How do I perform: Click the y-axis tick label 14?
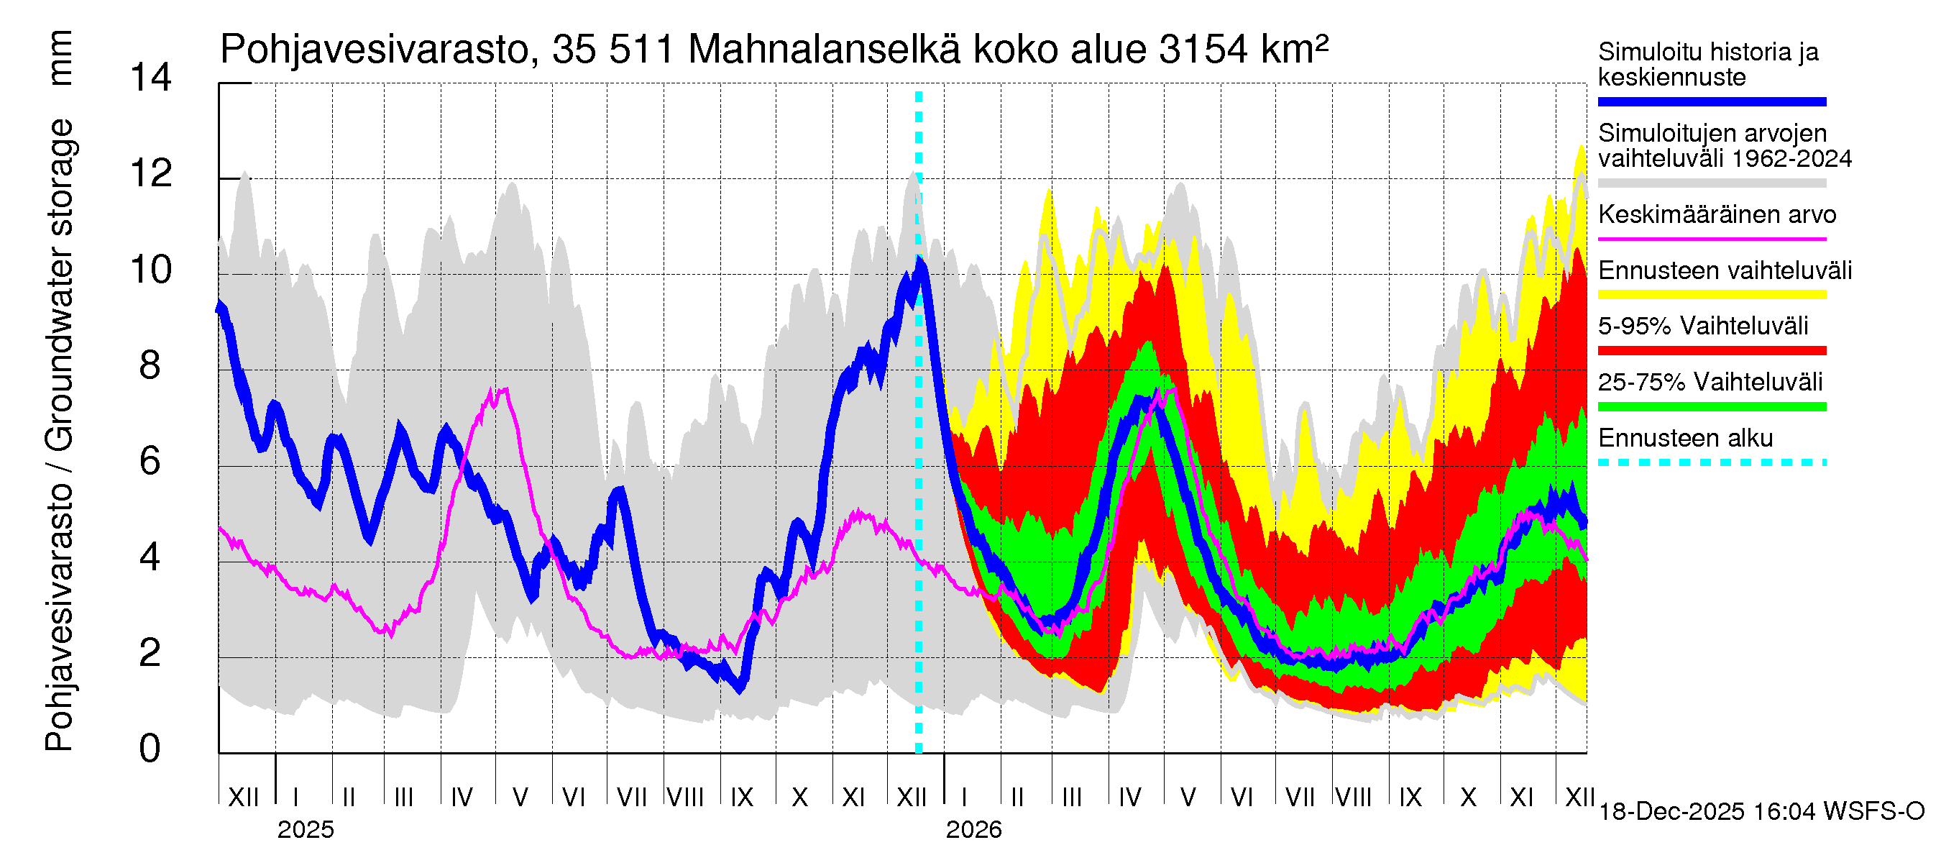pos(151,78)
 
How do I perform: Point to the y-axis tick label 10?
pos(151,270)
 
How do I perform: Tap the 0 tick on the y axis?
pos(150,749)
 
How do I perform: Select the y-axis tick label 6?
pos(150,460)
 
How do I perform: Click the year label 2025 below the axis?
pos(305,830)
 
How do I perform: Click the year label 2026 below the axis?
pos(973,830)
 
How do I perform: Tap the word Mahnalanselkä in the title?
pos(825,50)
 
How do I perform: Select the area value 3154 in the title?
pos(1203,50)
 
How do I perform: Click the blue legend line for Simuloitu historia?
pos(1711,101)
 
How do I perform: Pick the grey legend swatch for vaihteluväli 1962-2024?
pos(1711,183)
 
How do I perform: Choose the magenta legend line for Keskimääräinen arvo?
pos(1711,239)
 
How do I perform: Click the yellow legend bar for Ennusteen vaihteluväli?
pos(1711,295)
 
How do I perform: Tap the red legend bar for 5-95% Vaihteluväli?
pos(1711,350)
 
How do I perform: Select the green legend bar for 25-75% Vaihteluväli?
pos(1711,407)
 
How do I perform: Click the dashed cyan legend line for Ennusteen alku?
pos(1711,462)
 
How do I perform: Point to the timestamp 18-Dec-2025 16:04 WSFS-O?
pos(1761,812)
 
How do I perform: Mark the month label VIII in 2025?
pos(686,797)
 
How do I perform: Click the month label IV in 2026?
pos(1129,797)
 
